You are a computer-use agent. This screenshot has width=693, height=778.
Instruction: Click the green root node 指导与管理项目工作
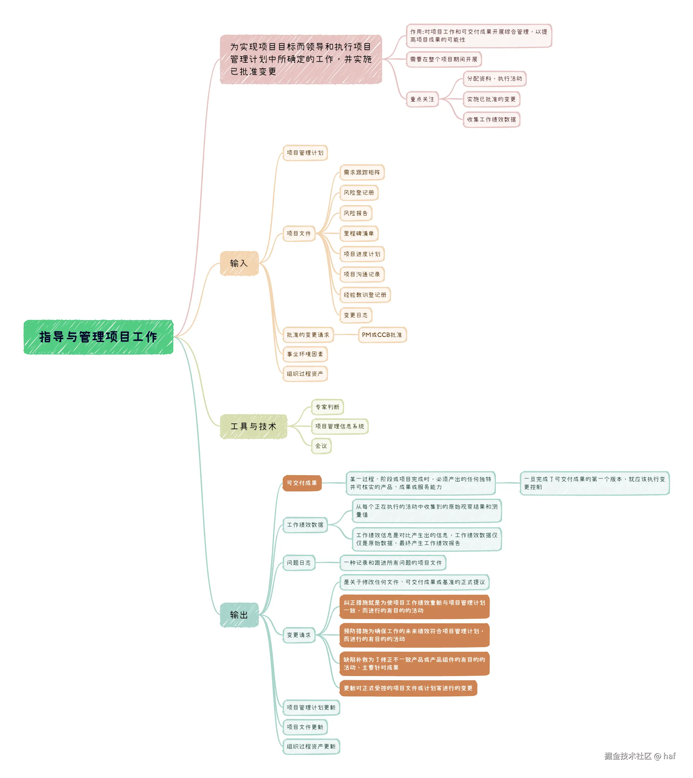pyautogui.click(x=98, y=337)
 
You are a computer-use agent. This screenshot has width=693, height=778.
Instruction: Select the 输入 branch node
pyautogui.click(x=239, y=263)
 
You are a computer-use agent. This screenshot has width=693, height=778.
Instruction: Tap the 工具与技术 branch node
pyautogui.click(x=253, y=427)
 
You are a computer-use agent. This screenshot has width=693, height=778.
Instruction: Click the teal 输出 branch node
pyautogui.click(x=239, y=615)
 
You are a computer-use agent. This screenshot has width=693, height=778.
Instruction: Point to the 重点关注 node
pyautogui.click(x=422, y=99)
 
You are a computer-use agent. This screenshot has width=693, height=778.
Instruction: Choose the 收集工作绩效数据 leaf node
pyautogui.click(x=491, y=120)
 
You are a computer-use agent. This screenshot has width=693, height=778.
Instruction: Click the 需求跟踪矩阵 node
pyautogui.click(x=362, y=172)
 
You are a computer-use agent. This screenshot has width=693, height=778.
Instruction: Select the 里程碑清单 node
pyautogui.click(x=359, y=234)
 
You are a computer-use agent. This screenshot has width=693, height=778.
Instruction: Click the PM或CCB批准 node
pyautogui.click(x=382, y=335)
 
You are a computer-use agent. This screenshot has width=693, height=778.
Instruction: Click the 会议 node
pyautogui.click(x=321, y=446)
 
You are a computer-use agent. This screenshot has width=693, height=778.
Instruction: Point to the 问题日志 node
pyautogui.click(x=299, y=563)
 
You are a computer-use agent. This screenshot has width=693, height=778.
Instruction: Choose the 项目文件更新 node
pyautogui.click(x=305, y=727)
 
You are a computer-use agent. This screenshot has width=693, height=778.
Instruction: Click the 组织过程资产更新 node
pyautogui.click(x=311, y=747)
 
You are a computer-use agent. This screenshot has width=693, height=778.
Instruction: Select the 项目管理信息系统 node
pyautogui.click(x=340, y=427)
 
